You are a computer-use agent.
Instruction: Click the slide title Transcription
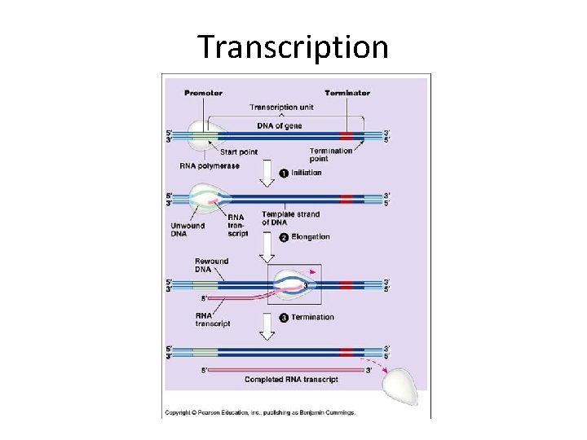[x=293, y=47]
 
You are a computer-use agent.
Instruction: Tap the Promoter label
[x=203, y=93]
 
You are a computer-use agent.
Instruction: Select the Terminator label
[x=347, y=93]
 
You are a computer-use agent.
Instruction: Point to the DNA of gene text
[x=280, y=125]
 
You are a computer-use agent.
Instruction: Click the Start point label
[x=238, y=152]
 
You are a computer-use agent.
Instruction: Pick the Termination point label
[x=331, y=155]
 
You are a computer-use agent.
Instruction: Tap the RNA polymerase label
[x=210, y=166]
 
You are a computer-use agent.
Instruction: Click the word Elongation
[x=311, y=237]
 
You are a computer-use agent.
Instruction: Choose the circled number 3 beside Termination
[x=284, y=317]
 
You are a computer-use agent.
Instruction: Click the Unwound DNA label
[x=188, y=231]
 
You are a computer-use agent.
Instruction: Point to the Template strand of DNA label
[x=291, y=218]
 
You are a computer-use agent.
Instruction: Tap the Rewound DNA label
[x=211, y=265]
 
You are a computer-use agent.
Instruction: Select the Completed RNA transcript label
[x=292, y=380]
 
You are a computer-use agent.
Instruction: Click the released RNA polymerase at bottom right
[x=402, y=384]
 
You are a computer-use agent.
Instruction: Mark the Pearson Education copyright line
[x=261, y=413]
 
